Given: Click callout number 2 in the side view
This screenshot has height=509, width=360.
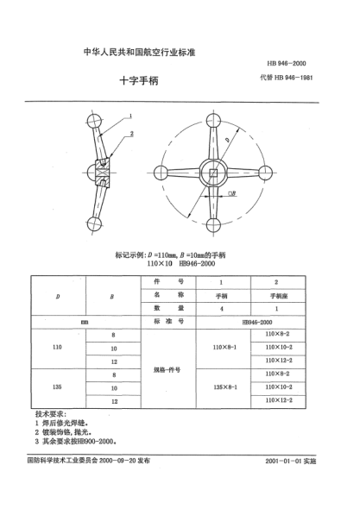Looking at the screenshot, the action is [132, 135].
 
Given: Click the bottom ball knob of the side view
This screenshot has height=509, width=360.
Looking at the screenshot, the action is [93, 225].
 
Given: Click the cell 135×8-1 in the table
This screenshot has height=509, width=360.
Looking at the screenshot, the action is [224, 387].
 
